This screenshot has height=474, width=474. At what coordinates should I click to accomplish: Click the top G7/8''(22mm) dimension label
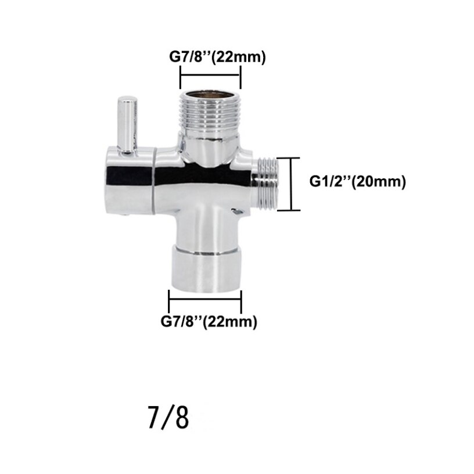tap(217, 57)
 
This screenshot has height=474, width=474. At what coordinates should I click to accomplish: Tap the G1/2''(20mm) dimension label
tap(357, 181)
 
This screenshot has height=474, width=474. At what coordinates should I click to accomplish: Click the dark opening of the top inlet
tap(210, 93)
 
